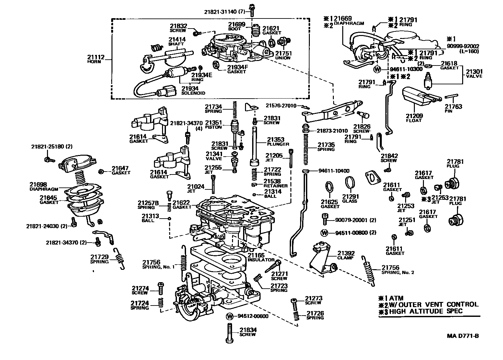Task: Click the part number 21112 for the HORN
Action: tap(96, 57)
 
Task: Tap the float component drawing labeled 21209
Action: tap(418, 97)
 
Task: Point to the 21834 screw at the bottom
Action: tap(229, 333)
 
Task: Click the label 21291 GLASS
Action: tap(350, 198)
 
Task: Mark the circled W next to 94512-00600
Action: tap(229, 316)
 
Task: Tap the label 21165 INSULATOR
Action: tap(261, 258)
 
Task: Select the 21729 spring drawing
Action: tap(120, 258)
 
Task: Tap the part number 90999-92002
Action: tap(463, 46)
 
